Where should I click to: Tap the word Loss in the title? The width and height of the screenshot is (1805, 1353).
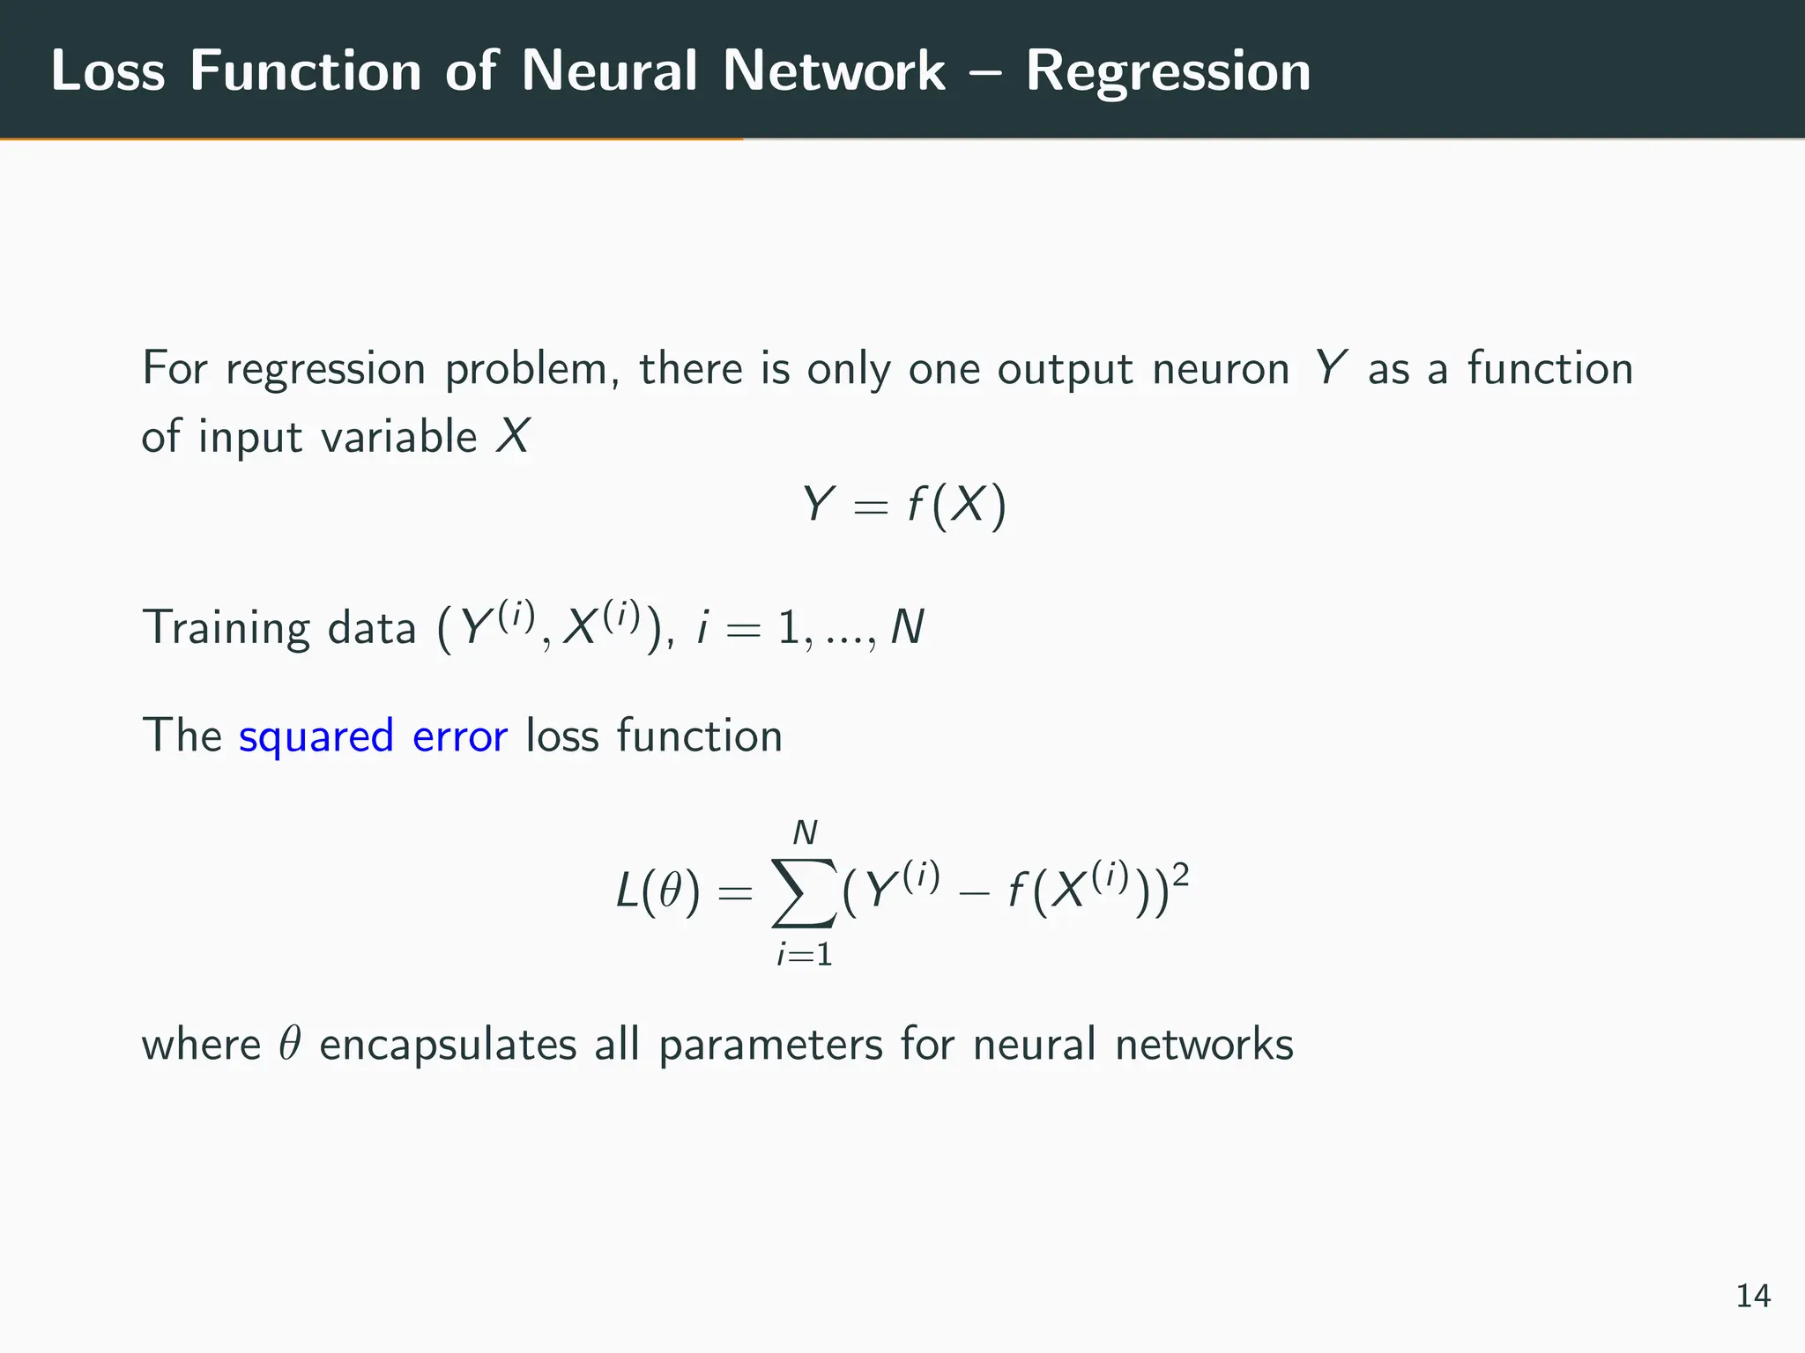108,70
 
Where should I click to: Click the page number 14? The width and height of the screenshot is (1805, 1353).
1752,1296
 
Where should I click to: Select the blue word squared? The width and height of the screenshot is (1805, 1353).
316,736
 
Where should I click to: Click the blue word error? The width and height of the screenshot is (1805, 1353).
459,736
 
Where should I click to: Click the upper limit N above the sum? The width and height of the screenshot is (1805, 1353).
805,832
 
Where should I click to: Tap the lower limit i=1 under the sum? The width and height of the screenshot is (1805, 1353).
804,955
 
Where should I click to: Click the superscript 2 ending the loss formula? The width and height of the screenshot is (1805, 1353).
1181,876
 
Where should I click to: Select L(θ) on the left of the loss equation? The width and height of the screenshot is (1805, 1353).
657,893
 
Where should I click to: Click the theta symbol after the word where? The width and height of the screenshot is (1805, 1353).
290,1045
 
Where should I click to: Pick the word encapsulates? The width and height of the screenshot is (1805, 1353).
447,1046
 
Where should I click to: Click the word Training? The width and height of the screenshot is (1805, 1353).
226,629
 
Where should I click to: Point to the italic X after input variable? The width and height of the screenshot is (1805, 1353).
512,437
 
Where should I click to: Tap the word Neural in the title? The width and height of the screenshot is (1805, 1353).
609,70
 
